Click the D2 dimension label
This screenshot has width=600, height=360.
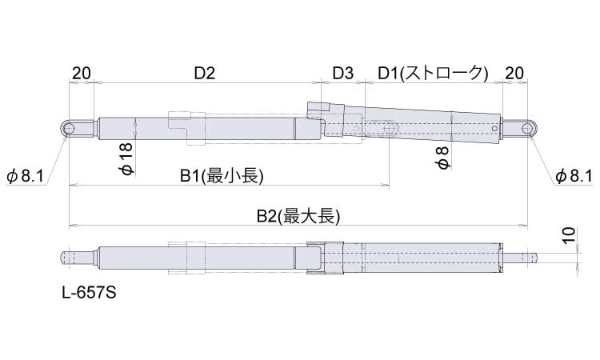point(205,73)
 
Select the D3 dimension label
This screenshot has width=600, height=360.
point(343,73)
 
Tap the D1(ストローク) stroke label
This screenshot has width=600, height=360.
point(433,73)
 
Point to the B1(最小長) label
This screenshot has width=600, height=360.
point(222,176)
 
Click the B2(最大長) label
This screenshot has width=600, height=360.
point(298,217)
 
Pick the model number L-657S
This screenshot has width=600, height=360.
point(89,293)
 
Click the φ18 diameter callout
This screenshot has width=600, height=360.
point(127,158)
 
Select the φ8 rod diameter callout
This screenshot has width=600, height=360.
point(442,157)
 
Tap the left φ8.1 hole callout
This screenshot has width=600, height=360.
point(26,177)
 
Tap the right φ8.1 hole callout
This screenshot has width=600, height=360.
point(574,176)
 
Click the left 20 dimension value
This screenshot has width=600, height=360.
point(82,73)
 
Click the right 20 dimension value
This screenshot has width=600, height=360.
point(514,73)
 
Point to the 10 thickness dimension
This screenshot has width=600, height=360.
point(570,234)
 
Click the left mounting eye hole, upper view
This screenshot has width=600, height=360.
point(69,128)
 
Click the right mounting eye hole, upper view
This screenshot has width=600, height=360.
point(527,128)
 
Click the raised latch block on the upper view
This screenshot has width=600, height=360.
point(318,110)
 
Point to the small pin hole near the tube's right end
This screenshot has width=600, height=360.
point(494,129)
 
